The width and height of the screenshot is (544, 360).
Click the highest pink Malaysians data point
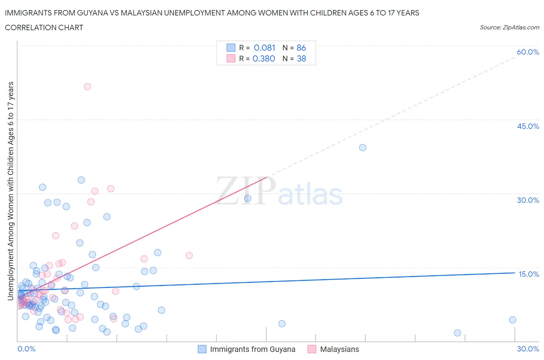(x=87, y=87)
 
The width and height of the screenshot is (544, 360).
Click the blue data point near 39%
(x=363, y=147)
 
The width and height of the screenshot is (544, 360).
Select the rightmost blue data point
(x=513, y=320)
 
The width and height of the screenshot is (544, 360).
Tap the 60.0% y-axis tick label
(x=528, y=52)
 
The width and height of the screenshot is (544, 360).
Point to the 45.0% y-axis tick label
(x=528, y=126)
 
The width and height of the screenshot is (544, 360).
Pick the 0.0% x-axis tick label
(x=26, y=349)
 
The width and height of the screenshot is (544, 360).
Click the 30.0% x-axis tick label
(x=528, y=349)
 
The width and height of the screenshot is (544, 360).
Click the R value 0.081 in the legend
(x=264, y=48)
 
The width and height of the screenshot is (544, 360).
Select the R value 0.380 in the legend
(x=263, y=58)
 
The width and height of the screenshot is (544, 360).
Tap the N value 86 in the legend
(x=301, y=48)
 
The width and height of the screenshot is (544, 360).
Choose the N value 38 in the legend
(x=301, y=58)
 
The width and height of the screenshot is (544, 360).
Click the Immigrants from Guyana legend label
(x=252, y=349)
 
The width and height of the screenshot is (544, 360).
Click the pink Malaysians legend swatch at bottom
(x=311, y=349)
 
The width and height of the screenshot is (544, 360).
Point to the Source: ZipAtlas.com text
(x=509, y=27)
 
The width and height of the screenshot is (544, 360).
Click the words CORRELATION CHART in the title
(x=44, y=27)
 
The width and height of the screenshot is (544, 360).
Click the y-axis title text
(x=10, y=191)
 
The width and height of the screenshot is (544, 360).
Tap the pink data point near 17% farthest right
(x=189, y=255)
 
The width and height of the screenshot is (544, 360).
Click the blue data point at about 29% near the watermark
(x=248, y=199)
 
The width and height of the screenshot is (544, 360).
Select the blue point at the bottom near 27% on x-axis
(x=457, y=333)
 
